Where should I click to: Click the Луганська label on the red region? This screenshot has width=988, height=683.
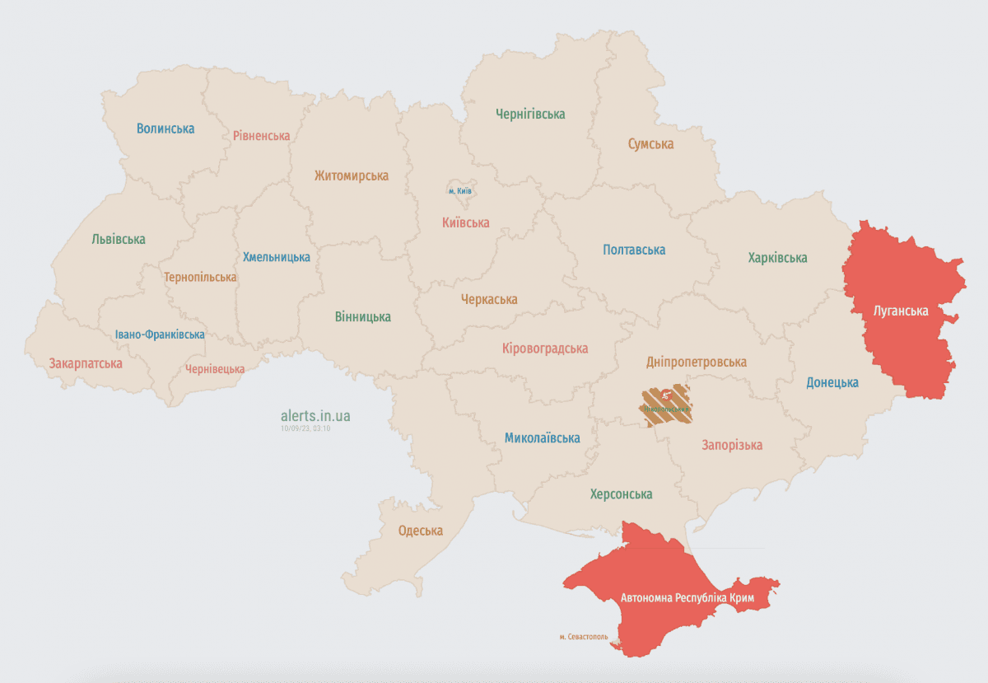[901, 311]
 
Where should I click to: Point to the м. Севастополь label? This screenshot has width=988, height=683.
[583, 637]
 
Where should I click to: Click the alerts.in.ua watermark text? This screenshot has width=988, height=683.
[315, 415]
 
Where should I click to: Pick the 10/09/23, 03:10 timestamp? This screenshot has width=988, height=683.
[305, 428]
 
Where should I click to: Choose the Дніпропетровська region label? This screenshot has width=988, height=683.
[697, 363]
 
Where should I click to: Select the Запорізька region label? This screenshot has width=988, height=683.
[732, 445]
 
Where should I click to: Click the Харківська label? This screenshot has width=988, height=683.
[777, 258]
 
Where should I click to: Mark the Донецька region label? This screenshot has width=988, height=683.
[832, 382]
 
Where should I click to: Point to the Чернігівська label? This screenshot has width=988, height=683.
[530, 115]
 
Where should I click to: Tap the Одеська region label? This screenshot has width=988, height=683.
[420, 531]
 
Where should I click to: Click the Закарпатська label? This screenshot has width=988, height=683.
[86, 363]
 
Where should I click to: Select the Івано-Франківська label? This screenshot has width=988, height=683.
[160, 334]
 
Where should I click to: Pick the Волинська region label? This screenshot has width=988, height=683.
[165, 129]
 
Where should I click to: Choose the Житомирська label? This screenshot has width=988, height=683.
[351, 175]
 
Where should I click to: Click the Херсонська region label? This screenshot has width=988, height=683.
[621, 494]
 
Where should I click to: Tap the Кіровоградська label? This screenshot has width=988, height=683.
[545, 349]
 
